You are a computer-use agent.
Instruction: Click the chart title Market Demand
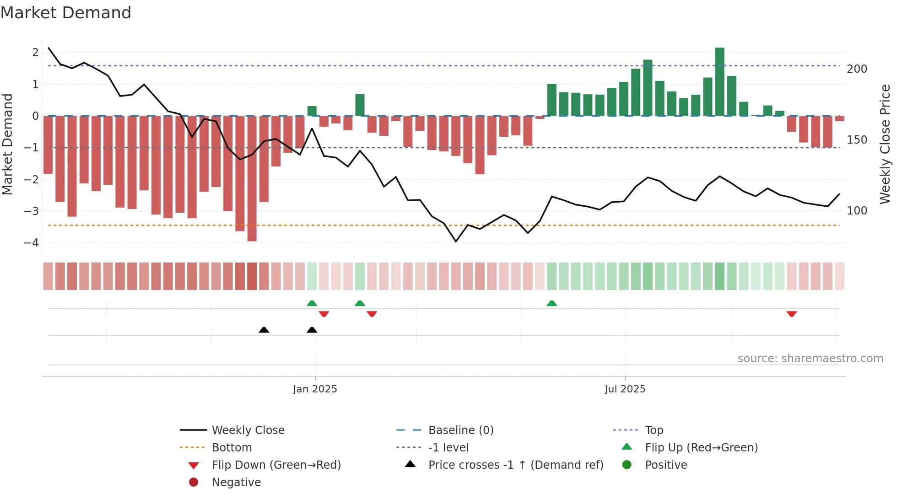click(66, 13)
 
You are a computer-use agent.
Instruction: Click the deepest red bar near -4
click(252, 178)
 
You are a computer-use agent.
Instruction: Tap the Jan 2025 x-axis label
click(315, 389)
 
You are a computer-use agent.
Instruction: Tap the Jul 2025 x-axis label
click(625, 389)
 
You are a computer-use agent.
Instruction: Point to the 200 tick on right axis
click(857, 69)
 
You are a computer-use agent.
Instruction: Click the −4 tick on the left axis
click(31, 243)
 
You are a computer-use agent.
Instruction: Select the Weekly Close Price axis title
click(885, 144)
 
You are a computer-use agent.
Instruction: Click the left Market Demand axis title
click(7, 144)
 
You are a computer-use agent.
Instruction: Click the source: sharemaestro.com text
click(810, 359)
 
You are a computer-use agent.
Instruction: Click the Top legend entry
click(654, 430)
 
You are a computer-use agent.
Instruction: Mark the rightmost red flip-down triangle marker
click(792, 314)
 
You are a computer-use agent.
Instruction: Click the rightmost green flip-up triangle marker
click(551, 303)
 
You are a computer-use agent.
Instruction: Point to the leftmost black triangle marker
click(264, 330)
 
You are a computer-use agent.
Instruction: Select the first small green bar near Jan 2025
click(312, 111)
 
